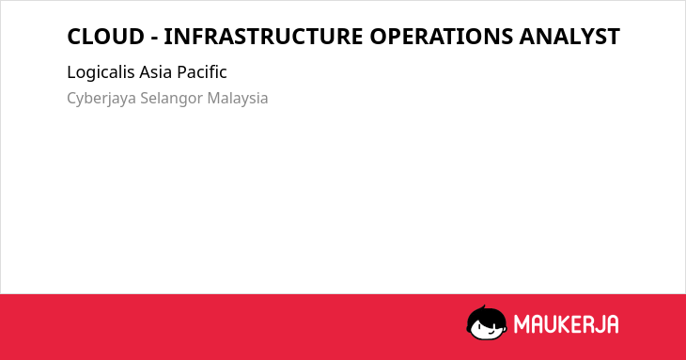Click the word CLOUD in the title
coord(105,37)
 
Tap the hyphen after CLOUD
coord(154,39)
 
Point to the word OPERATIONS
coord(442,37)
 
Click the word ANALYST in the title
coord(569,37)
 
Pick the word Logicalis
coord(101,72)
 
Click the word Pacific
coord(202,72)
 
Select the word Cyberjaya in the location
coord(101,99)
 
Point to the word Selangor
coord(171,99)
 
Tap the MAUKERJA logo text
coord(566,324)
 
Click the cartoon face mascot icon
coord(487,322)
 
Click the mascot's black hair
coord(486,314)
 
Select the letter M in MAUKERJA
coord(522,324)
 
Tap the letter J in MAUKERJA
coord(597,324)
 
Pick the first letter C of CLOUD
coord(74,37)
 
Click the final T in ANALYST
coord(613,37)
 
